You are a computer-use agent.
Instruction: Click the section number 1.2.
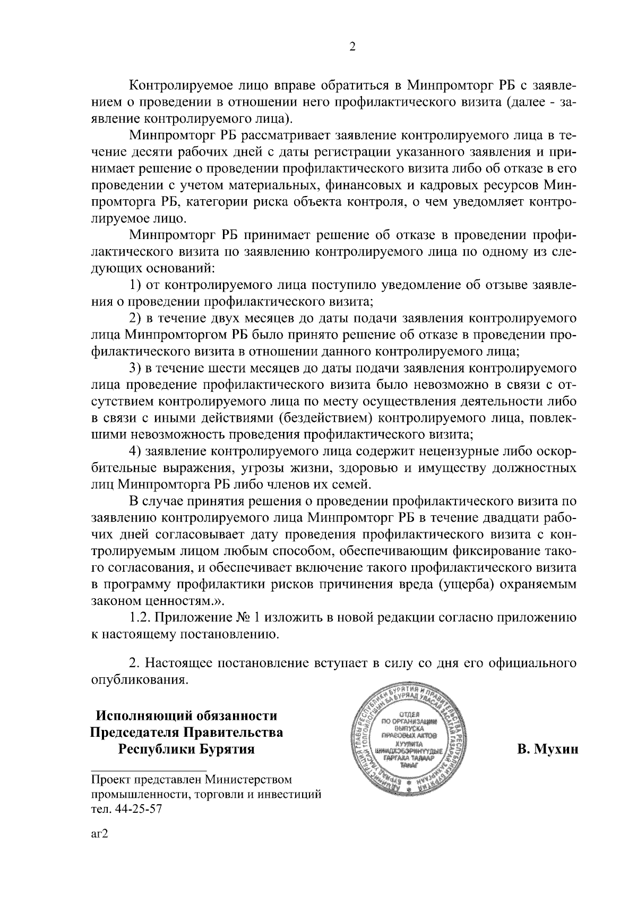141,618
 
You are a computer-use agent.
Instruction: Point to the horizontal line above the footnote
149,769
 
